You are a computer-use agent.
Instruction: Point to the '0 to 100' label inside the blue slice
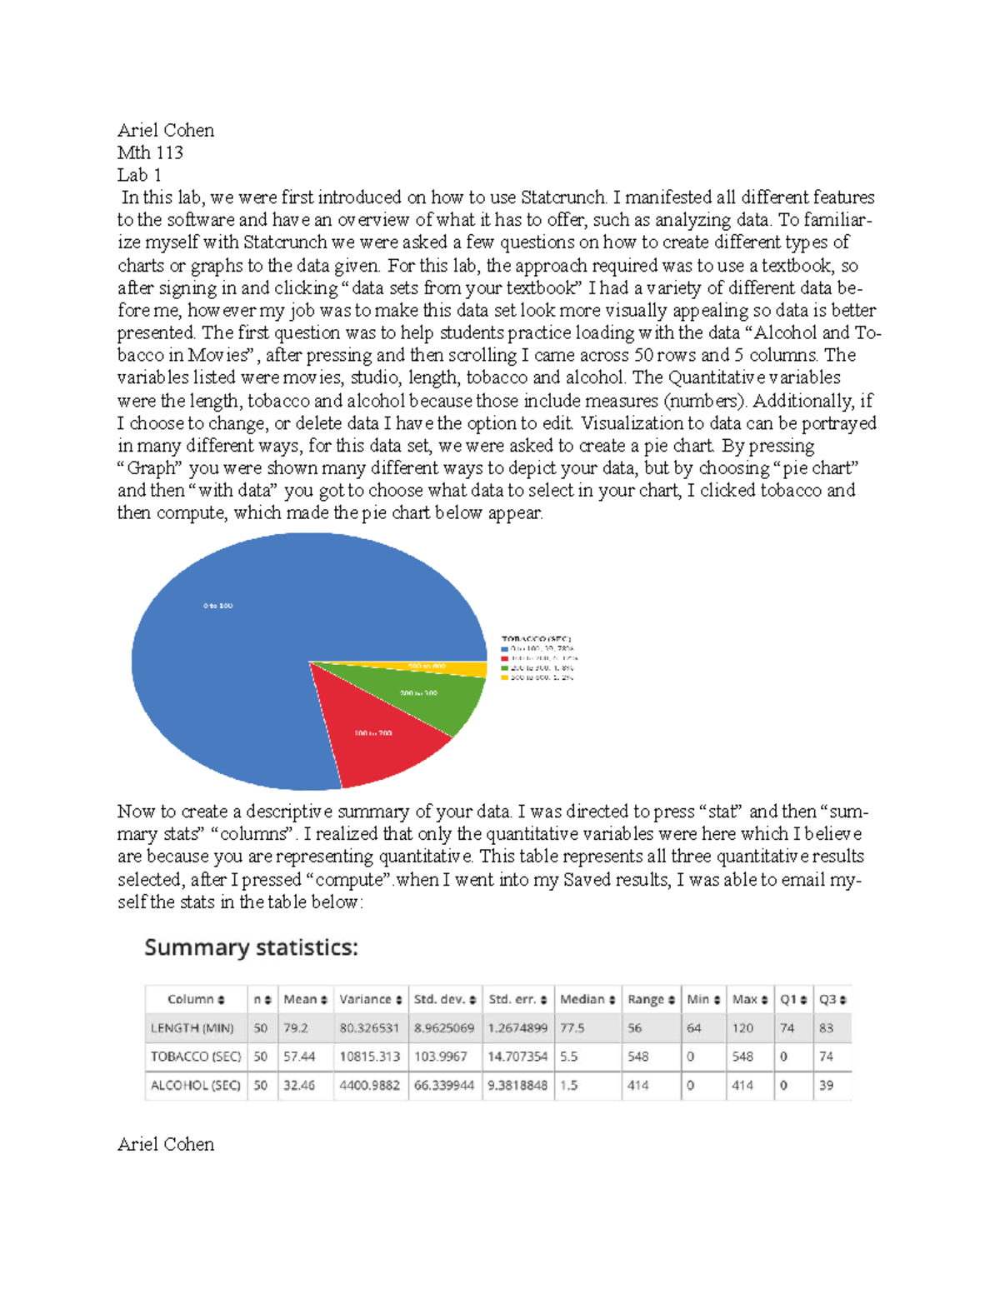pyautogui.click(x=217, y=606)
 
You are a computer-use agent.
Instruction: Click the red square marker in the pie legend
pyautogui.click(x=504, y=658)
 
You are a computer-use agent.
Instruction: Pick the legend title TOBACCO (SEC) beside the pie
pyautogui.click(x=536, y=639)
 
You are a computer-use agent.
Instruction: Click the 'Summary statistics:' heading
pyautogui.click(x=251, y=947)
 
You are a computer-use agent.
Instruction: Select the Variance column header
pyautogui.click(x=370, y=999)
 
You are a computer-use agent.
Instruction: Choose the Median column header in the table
pyautogui.click(x=587, y=999)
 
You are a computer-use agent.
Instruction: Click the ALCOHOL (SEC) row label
pyautogui.click(x=195, y=1086)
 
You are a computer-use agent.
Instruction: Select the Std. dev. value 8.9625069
pyautogui.click(x=443, y=1028)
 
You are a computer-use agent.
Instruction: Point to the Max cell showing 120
pyautogui.click(x=742, y=1028)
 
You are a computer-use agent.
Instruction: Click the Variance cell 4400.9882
pyautogui.click(x=369, y=1086)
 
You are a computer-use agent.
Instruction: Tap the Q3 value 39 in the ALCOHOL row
pyautogui.click(x=826, y=1086)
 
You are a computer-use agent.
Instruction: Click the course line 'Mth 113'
pyautogui.click(x=150, y=152)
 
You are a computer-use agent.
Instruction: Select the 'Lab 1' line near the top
pyautogui.click(x=139, y=175)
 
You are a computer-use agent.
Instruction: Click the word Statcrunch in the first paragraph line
pyautogui.click(x=563, y=197)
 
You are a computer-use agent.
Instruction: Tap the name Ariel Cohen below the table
pyautogui.click(x=166, y=1144)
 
